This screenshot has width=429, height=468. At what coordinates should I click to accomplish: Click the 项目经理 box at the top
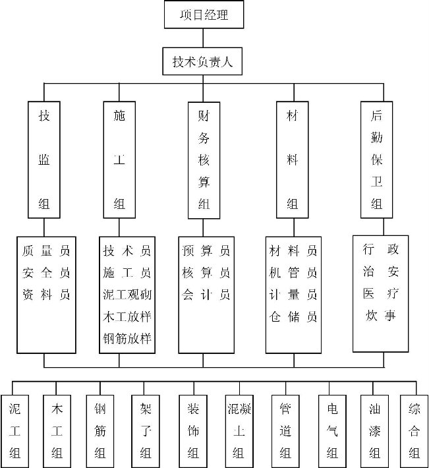[204, 15]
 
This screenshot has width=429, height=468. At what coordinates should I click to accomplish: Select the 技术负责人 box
[202, 61]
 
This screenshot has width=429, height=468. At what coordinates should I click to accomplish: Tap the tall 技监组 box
[44, 160]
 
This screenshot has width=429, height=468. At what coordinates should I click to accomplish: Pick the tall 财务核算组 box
[204, 160]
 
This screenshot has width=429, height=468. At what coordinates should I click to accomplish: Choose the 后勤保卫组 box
[376, 160]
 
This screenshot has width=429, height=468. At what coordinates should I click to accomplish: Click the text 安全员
[46, 272]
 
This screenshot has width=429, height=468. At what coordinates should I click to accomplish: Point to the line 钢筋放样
[127, 338]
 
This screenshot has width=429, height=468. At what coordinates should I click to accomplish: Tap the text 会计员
[206, 295]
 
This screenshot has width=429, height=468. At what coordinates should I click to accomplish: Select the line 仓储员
[293, 316]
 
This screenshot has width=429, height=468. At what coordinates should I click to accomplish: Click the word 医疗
[381, 293]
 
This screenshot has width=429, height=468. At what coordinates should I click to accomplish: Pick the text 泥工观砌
[127, 295]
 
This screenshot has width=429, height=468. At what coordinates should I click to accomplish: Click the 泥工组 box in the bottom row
[14, 431]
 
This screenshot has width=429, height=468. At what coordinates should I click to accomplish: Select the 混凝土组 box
[239, 431]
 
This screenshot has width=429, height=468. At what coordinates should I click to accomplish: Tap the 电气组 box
[332, 431]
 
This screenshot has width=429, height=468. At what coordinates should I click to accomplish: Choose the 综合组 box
[414, 431]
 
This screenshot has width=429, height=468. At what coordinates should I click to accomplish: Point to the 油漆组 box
[374, 431]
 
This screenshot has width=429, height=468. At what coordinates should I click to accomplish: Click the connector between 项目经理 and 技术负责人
[203, 38]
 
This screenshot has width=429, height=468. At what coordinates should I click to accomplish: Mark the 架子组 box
[146, 431]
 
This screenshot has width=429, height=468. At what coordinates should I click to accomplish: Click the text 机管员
[293, 272]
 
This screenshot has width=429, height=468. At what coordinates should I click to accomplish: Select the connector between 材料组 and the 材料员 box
[294, 227]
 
